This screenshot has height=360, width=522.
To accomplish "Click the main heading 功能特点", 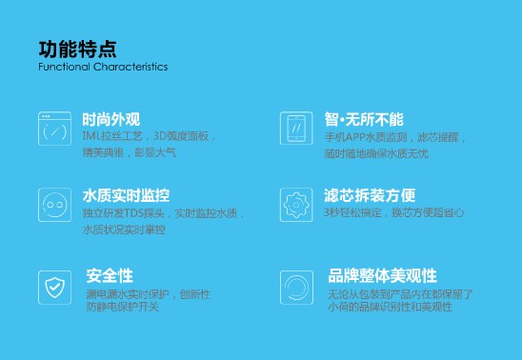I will click(77, 49).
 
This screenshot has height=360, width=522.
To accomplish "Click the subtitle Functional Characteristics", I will click(103, 68).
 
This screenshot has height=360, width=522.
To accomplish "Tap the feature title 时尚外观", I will click(111, 119).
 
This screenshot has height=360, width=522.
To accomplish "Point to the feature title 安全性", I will click(110, 275).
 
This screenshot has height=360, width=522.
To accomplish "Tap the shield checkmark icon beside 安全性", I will click(53, 284).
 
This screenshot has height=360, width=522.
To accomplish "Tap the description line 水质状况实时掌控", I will click(124, 230).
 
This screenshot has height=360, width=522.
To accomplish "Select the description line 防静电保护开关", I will click(122, 307).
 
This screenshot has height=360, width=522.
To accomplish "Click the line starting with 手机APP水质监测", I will click(394, 136).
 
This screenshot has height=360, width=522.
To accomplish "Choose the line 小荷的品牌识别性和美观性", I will click(391, 307).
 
